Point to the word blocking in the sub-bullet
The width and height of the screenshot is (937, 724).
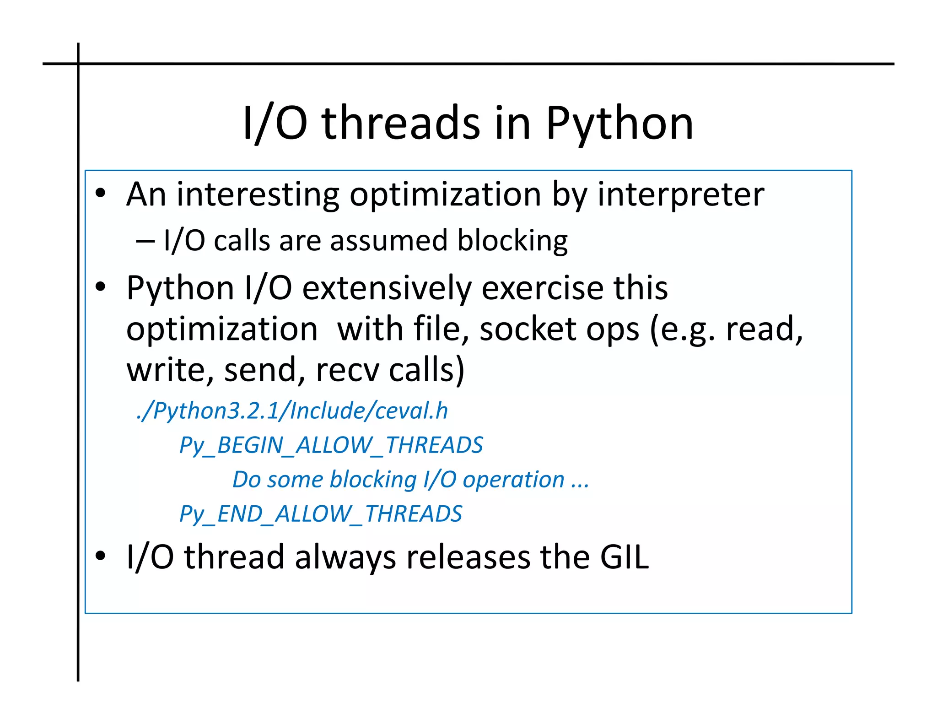pos(512,241)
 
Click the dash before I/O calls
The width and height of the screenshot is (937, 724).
pos(145,241)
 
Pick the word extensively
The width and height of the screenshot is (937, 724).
pos(387,288)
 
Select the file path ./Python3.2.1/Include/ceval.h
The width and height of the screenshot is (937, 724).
pos(292,411)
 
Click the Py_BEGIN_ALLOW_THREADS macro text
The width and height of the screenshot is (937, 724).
pos(331,445)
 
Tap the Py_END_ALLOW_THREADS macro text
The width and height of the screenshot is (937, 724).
pos(320,513)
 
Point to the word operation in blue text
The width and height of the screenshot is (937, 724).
pos(513,480)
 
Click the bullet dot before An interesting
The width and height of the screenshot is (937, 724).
pos(101,194)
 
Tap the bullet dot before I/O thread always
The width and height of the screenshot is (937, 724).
pos(101,557)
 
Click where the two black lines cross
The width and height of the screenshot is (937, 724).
pos(78,64)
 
